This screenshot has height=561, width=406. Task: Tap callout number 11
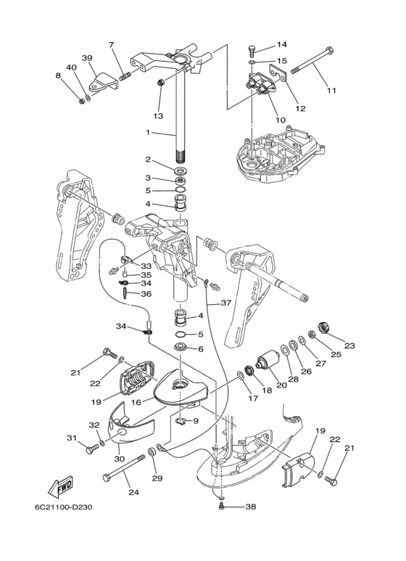(x=331, y=90)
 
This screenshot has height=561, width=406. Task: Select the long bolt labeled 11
(x=313, y=60)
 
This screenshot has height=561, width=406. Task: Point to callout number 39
(x=87, y=58)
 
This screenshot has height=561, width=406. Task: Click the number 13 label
(x=158, y=116)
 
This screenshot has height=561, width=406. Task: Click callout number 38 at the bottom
(x=251, y=507)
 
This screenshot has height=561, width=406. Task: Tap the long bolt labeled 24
(x=124, y=467)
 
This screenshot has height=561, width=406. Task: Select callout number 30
(x=119, y=459)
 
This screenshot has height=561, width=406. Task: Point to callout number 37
(x=226, y=303)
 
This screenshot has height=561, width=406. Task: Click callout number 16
(x=136, y=403)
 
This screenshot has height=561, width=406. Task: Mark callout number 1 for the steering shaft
(x=148, y=132)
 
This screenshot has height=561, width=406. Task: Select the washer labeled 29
(x=151, y=451)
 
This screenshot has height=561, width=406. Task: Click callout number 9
(x=196, y=421)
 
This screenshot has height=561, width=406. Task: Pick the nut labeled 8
(x=81, y=102)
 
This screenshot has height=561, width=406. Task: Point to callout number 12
(x=301, y=108)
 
